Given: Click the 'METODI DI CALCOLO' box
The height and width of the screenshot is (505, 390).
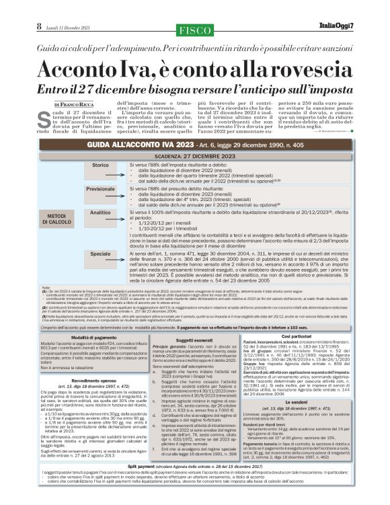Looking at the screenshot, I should click(57, 218).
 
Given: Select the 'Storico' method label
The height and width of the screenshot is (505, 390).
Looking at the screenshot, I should click(100, 165).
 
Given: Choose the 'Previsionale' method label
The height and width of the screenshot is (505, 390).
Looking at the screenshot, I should click(100, 190).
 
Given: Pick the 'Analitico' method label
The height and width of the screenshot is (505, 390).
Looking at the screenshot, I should click(100, 212).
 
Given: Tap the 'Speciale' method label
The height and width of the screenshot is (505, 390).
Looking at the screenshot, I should click(100, 254).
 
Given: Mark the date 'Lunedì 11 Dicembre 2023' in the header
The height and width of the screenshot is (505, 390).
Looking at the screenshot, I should click(64, 26).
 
